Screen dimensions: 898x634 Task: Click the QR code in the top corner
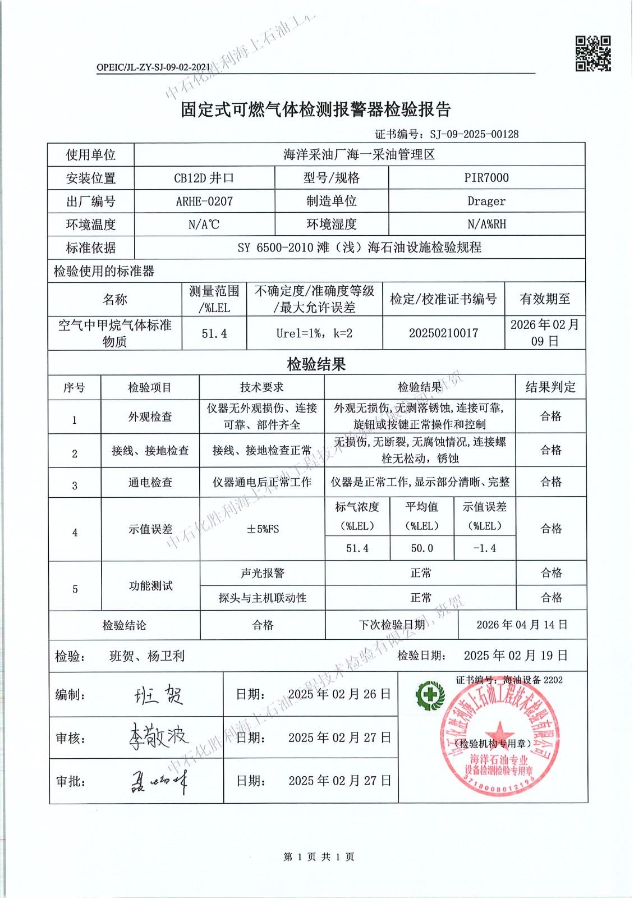pos(593,54)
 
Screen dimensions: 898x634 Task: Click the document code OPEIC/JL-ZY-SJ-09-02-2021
pos(153,67)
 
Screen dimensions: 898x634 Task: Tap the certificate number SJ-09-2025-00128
pos(474,134)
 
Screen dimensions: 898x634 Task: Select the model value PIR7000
pos(486,178)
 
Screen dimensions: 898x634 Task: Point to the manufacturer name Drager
pos(486,201)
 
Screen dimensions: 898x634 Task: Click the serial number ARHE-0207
pos(204,201)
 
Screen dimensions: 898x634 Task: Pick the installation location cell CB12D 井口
pos(204,178)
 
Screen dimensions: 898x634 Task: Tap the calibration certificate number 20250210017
pos(443,333)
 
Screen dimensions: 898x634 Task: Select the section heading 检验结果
pos(316,364)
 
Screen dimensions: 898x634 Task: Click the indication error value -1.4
pos(485,548)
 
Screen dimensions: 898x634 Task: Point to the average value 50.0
pos(422,548)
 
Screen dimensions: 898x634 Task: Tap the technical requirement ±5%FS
pos(262,529)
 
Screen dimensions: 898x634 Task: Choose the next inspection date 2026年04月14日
pos(522,625)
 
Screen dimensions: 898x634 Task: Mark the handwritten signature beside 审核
pos(158,736)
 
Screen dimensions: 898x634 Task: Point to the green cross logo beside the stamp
pos(430,694)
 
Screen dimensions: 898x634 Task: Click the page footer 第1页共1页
pos(319,857)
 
